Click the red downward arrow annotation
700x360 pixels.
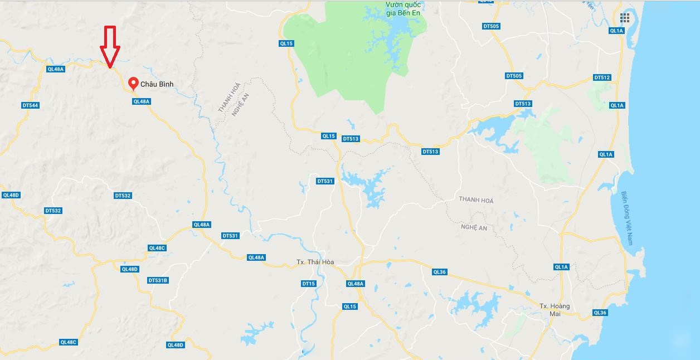coord(110,47)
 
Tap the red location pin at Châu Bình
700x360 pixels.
coord(133,83)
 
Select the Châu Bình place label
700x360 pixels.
coord(157,84)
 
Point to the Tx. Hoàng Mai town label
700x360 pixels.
coord(555,310)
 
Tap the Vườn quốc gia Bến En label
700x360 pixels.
coord(404,9)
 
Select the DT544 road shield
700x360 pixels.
coord(30,105)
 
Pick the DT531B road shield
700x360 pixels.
coord(158,280)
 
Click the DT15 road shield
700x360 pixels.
coord(308,284)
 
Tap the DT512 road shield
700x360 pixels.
coord(602,77)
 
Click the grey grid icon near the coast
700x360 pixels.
coord(625,18)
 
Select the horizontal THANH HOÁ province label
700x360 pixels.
coord(476,200)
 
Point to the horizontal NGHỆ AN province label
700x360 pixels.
coord(474,227)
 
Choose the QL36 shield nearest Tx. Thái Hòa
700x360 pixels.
coord(439,272)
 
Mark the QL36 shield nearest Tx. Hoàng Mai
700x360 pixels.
coord(600,313)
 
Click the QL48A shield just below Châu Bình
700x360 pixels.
coord(142,101)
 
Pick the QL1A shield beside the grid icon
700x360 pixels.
coord(616,31)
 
